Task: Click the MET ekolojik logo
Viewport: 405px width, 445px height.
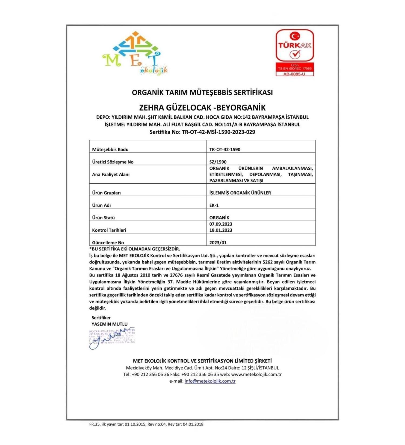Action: point(135,53)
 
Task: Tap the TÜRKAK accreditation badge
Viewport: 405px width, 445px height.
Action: point(295,46)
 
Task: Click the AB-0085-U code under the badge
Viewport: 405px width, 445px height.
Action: point(295,74)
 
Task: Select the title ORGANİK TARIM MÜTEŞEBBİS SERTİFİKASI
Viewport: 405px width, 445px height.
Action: point(202,93)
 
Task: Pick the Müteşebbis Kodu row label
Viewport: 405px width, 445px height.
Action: point(110,149)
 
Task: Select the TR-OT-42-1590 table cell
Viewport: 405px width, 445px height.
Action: point(225,149)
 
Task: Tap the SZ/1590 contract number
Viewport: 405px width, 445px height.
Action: point(218,162)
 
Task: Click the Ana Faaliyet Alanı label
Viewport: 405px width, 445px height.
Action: point(111,174)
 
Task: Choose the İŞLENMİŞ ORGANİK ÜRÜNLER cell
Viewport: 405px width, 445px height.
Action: point(240,193)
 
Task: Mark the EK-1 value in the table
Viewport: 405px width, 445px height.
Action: point(214,205)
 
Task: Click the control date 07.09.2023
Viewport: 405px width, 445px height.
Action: point(221,224)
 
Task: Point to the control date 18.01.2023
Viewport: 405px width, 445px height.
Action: point(221,230)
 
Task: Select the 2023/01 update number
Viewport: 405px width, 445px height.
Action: point(218,242)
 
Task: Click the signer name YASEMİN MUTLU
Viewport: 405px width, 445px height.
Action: point(109,324)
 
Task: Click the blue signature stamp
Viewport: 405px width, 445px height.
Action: point(112,338)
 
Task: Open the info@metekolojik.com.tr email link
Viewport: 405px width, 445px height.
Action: point(210,381)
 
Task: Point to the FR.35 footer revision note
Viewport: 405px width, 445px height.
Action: point(146,424)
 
